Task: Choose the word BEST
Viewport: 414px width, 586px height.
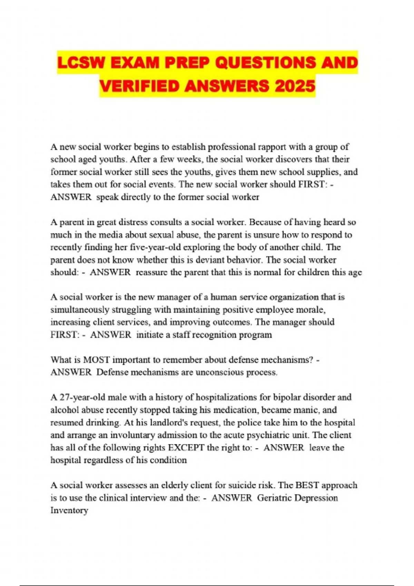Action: point(307,485)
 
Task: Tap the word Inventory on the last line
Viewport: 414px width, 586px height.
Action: point(69,510)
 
